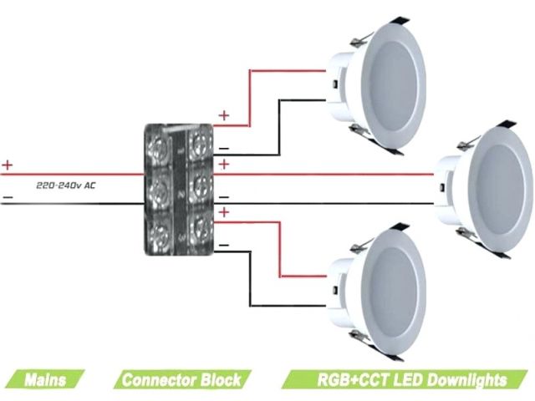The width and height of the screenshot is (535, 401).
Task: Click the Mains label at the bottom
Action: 45,380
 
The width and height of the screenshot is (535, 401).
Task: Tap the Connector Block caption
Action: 181,380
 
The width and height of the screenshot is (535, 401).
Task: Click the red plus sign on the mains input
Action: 8,165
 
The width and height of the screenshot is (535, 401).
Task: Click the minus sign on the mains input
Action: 8,199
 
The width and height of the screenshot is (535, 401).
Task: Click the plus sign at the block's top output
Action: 223,114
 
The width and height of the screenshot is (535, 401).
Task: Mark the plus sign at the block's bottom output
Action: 223,214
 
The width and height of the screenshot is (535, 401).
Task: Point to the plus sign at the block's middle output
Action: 223,164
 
